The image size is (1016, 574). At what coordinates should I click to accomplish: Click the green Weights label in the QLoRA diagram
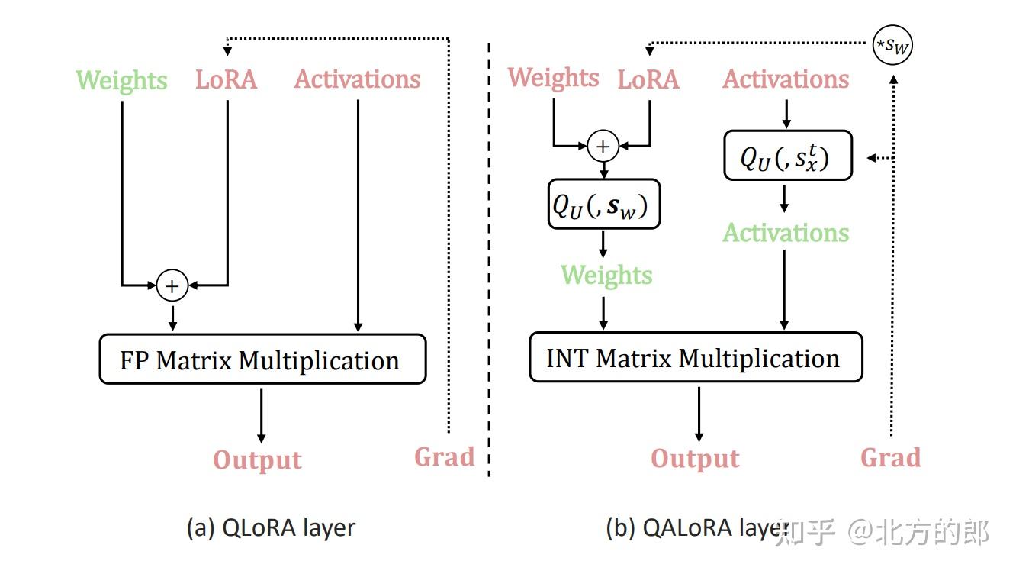pyautogui.click(x=122, y=81)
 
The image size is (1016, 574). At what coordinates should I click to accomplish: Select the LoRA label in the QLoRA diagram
pyautogui.click(x=227, y=80)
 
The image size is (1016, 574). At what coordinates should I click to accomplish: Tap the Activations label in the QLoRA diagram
pyautogui.click(x=358, y=79)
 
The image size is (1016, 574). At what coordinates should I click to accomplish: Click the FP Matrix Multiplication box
pyautogui.click(x=262, y=360)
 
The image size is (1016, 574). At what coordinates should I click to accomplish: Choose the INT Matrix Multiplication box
pyautogui.click(x=696, y=357)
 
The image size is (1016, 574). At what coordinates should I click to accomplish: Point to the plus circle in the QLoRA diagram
pyautogui.click(x=172, y=285)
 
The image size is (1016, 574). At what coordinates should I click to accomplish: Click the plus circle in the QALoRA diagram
pyautogui.click(x=603, y=146)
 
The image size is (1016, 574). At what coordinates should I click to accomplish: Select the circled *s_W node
pyautogui.click(x=892, y=46)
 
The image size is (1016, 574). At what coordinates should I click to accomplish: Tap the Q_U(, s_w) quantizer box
pyautogui.click(x=604, y=205)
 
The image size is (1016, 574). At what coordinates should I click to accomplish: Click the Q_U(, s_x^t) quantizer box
pyautogui.click(x=787, y=156)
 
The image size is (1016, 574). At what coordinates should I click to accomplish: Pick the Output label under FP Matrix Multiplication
pyautogui.click(x=258, y=460)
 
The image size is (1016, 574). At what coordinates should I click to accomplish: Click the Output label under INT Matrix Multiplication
pyautogui.click(x=695, y=459)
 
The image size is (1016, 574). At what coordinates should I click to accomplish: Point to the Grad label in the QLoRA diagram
pyautogui.click(x=445, y=457)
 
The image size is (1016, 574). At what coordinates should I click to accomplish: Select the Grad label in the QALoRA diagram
pyautogui.click(x=890, y=457)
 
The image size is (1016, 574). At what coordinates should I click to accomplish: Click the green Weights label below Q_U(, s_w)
pyautogui.click(x=606, y=275)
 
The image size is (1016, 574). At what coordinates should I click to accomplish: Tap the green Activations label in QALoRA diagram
pyautogui.click(x=786, y=233)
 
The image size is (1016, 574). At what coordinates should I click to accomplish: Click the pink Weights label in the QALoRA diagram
pyautogui.click(x=554, y=78)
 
